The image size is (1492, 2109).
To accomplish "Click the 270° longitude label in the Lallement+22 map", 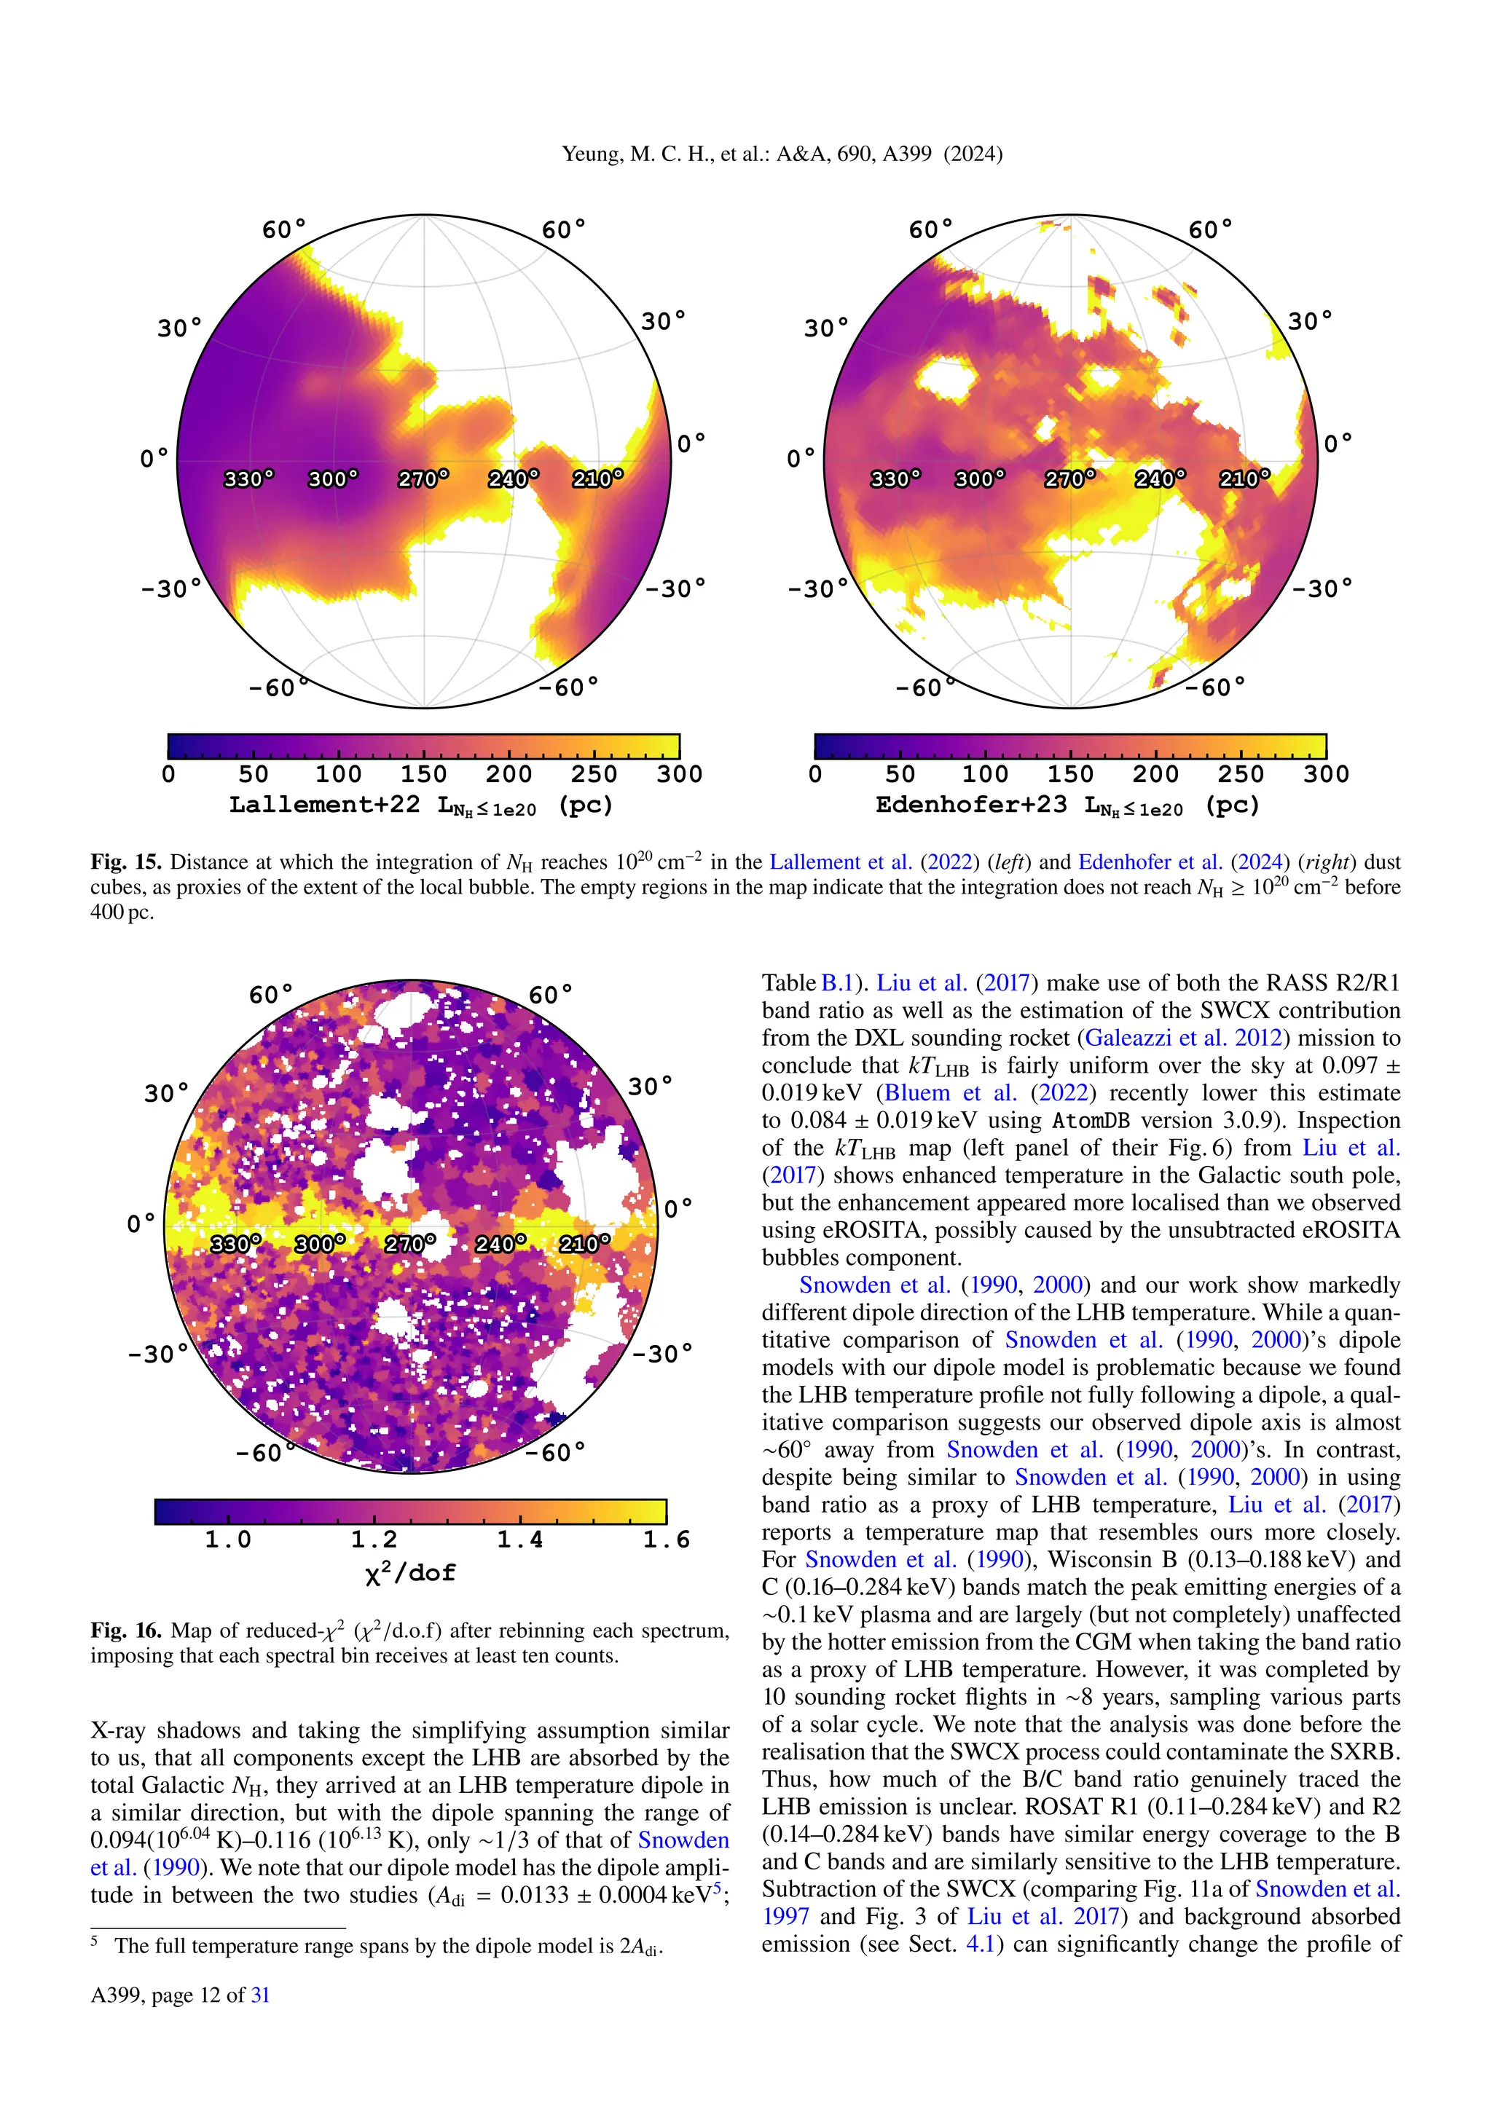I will click(423, 478).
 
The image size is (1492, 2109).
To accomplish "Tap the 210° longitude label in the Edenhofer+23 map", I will click(1244, 478).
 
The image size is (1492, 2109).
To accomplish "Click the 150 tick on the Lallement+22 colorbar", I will click(423, 774).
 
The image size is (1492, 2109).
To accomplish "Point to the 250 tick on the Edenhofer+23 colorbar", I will click(1240, 774).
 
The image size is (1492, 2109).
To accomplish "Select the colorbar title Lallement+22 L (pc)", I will click(421, 805).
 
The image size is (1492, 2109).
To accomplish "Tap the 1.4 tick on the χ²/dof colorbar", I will click(520, 1540).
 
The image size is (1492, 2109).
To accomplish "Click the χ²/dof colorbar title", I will click(409, 1572).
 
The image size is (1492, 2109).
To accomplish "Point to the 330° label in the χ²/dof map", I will click(235, 1244).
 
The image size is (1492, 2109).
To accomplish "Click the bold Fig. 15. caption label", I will click(126, 862).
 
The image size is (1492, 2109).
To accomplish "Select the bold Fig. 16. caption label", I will click(126, 1631).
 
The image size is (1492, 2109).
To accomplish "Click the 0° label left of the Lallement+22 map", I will click(154, 457).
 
